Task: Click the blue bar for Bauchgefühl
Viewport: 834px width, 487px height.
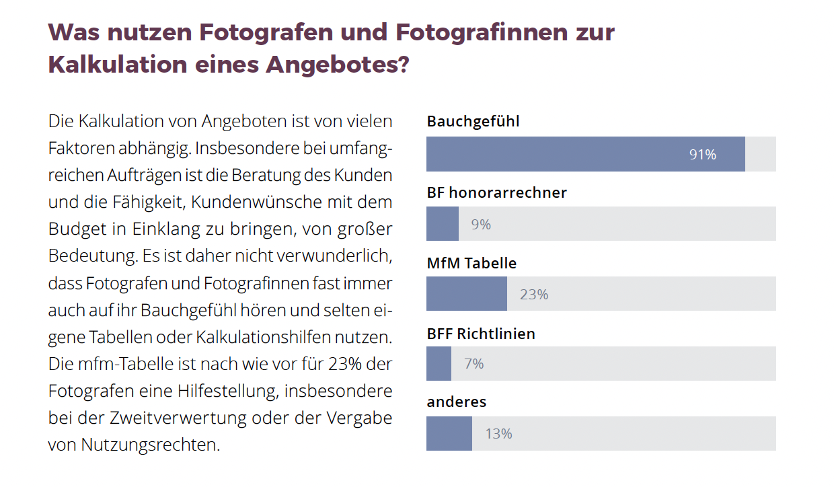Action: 585,154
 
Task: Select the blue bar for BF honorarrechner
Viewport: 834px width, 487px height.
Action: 443,224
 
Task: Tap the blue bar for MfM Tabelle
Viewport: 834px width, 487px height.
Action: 467,294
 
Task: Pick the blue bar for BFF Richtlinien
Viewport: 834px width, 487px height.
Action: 439,364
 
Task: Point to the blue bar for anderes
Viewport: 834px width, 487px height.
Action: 449,434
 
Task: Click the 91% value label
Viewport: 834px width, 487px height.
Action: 702,155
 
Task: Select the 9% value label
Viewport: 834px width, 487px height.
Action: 481,225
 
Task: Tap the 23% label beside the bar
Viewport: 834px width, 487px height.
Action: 534,295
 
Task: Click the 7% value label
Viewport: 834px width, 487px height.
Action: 474,364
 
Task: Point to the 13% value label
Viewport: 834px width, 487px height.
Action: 498,434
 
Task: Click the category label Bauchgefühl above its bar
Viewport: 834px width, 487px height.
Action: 473,122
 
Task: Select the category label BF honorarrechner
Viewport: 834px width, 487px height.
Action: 496,192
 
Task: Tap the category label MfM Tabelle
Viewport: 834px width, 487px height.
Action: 471,263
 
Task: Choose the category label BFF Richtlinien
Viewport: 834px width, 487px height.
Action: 481,334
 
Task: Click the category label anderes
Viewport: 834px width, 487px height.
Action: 456,402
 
